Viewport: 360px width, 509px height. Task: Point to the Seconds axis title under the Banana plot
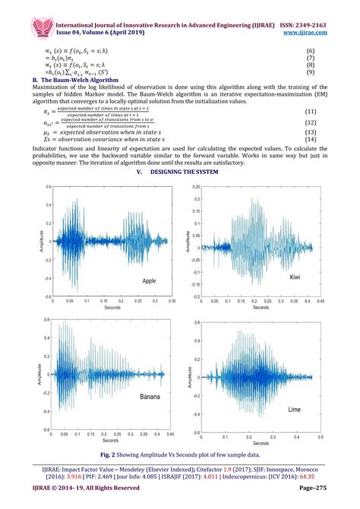coord(111,441)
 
